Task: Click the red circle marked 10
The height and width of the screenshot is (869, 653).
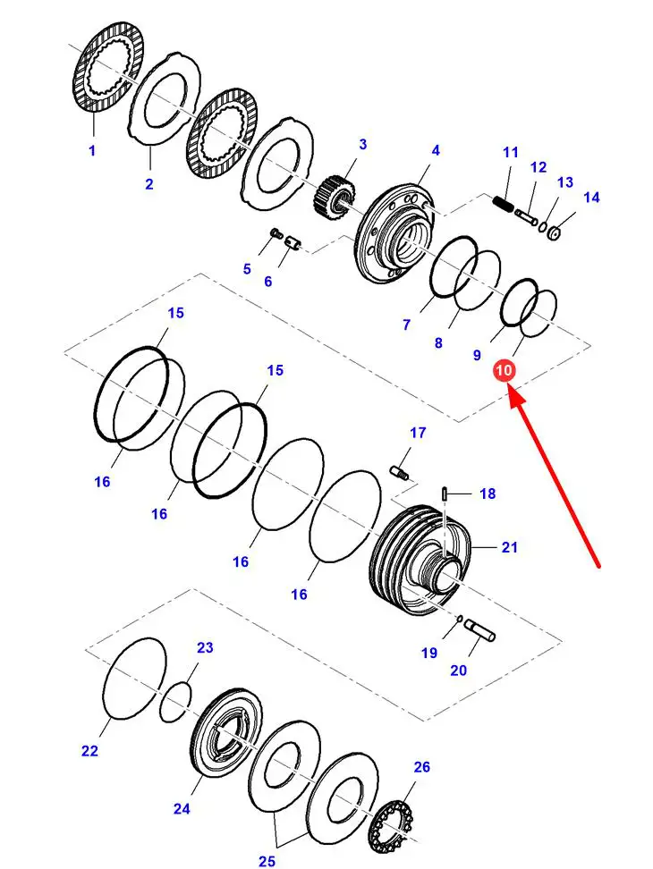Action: [505, 370]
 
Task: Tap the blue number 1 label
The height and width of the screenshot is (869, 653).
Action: [91, 151]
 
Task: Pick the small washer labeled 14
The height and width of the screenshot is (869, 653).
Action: [554, 233]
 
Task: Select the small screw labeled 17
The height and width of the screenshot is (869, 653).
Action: [400, 470]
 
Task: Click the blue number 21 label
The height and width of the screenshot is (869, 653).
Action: [509, 547]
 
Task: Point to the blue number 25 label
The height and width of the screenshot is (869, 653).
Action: [267, 861]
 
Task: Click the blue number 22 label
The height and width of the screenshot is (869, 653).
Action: [89, 751]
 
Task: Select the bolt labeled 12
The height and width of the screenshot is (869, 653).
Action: [526, 215]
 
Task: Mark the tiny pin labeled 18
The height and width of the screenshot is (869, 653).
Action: [445, 493]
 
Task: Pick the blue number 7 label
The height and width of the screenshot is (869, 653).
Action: [406, 325]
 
